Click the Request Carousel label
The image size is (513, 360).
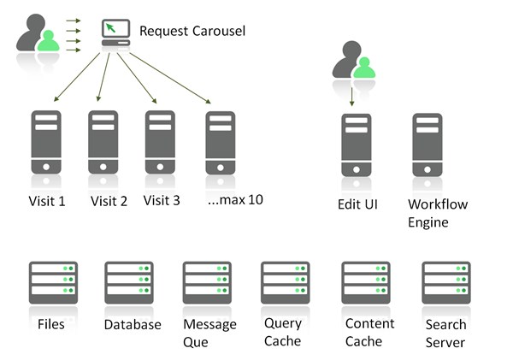[192, 32]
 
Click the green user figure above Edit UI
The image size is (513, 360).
[365, 69]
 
